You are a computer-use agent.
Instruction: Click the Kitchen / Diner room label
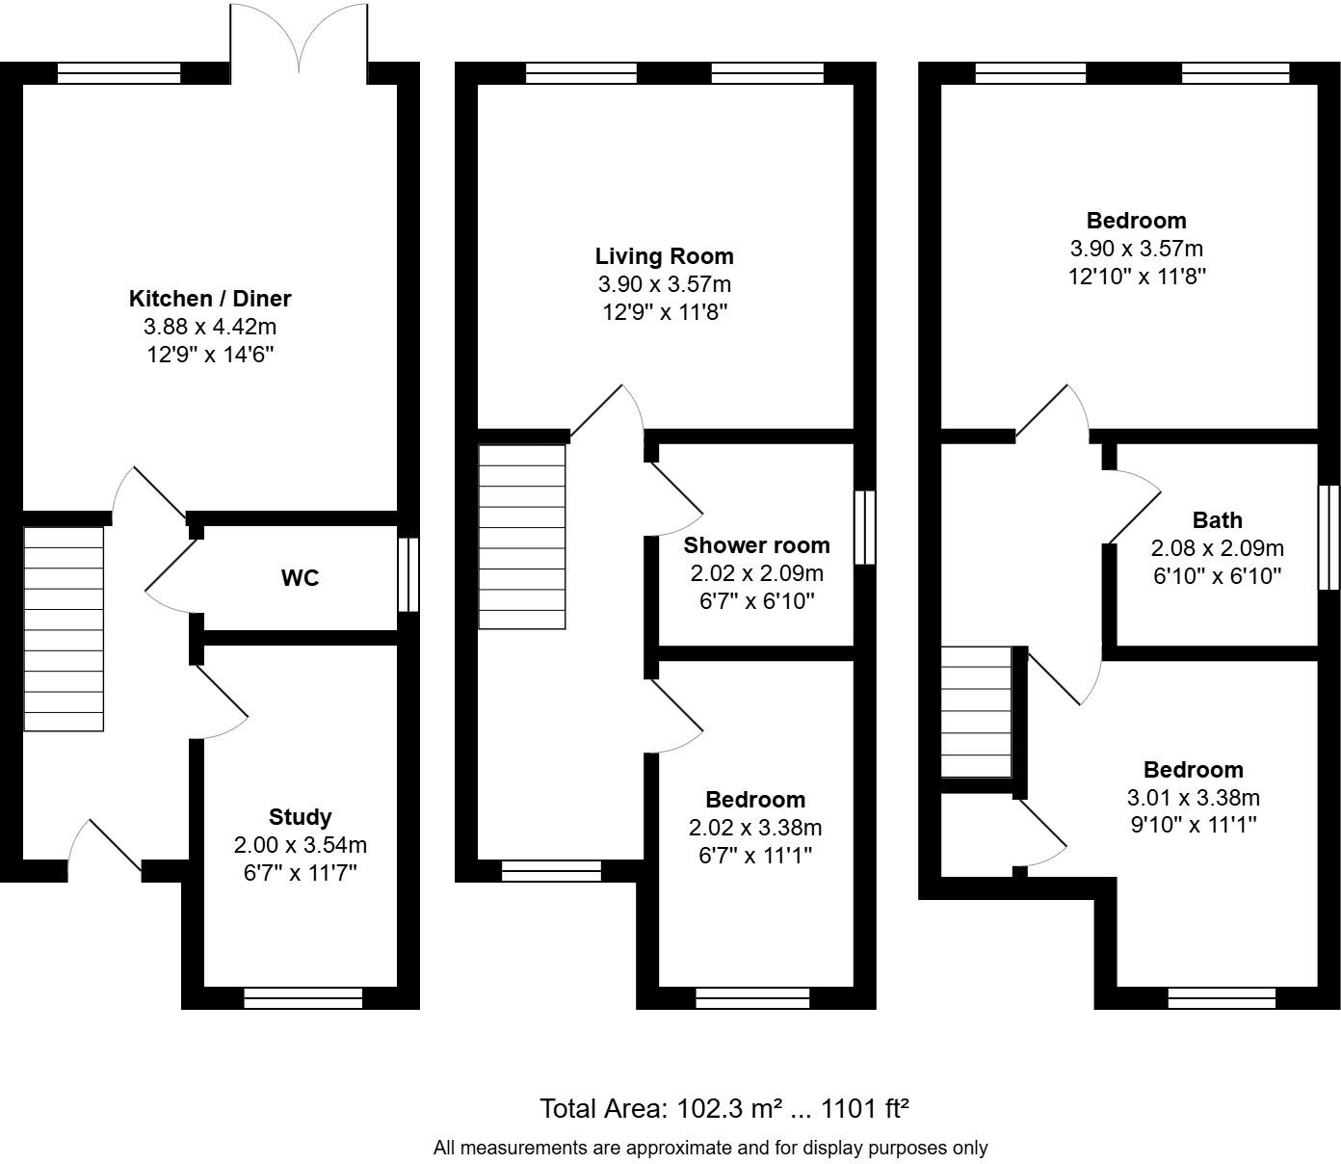(x=210, y=299)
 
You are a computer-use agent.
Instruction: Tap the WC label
(x=300, y=578)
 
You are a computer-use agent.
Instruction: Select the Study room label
(x=301, y=817)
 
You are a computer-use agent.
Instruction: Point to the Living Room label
(x=664, y=256)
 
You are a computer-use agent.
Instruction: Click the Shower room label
(x=756, y=545)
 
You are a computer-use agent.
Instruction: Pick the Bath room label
(x=1217, y=520)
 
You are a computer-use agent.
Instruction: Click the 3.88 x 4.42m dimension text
(x=210, y=327)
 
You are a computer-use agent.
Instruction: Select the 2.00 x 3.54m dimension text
(x=301, y=845)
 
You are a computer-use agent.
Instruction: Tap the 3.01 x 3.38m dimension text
(x=1193, y=798)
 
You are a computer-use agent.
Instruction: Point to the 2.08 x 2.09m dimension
(x=1217, y=548)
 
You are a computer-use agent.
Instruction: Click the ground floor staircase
(x=64, y=628)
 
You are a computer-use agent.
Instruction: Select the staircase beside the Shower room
(x=522, y=536)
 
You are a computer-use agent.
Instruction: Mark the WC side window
(x=408, y=574)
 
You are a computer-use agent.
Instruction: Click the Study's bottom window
(x=302, y=998)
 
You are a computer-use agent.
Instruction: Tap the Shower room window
(x=865, y=527)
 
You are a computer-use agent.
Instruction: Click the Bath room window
(x=1328, y=537)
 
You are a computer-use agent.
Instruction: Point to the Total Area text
(x=724, y=1108)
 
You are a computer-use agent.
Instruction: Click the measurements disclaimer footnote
(x=710, y=1148)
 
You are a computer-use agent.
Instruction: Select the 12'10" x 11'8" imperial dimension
(x=1137, y=277)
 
